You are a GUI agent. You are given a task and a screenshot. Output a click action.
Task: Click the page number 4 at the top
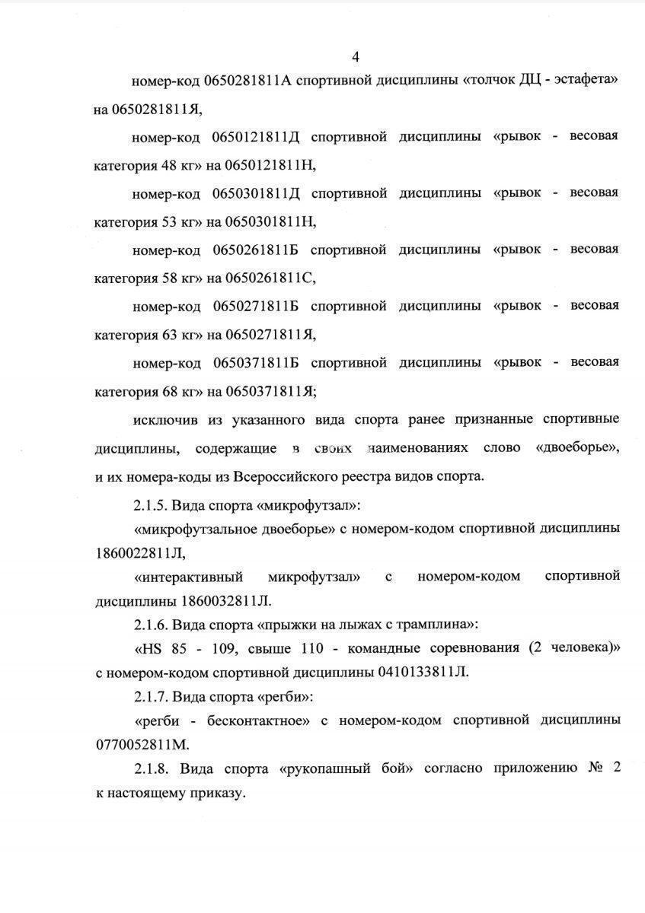click(x=356, y=56)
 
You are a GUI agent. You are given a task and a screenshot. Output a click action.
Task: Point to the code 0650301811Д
click(x=257, y=193)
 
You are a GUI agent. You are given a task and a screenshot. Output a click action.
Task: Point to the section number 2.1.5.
click(x=149, y=504)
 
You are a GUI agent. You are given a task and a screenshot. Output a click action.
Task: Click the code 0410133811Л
click(x=423, y=672)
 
